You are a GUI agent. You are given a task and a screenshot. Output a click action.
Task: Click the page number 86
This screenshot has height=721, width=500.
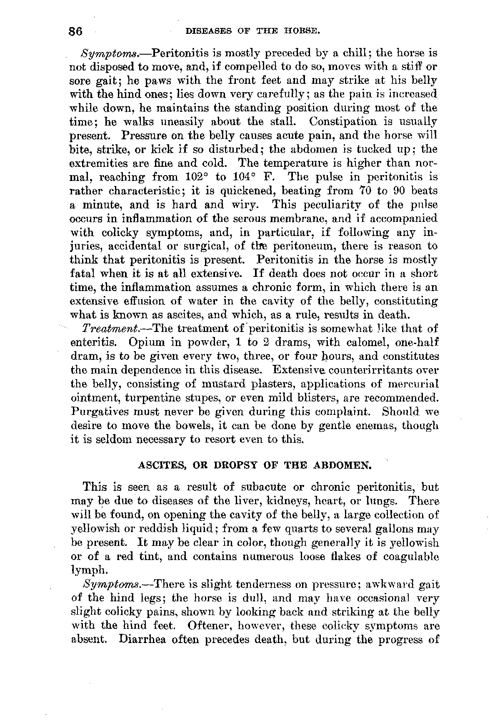point(77,32)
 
